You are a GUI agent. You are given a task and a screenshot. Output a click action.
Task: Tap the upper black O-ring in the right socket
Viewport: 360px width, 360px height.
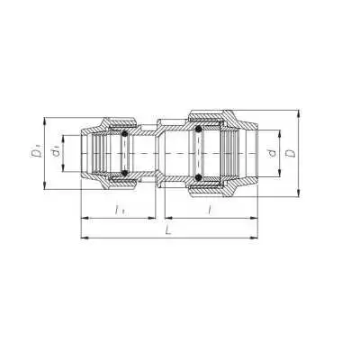198,129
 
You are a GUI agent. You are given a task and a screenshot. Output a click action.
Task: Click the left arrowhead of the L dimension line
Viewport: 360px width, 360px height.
85,238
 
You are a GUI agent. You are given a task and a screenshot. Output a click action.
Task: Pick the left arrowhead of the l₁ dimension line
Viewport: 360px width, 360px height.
85,217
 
